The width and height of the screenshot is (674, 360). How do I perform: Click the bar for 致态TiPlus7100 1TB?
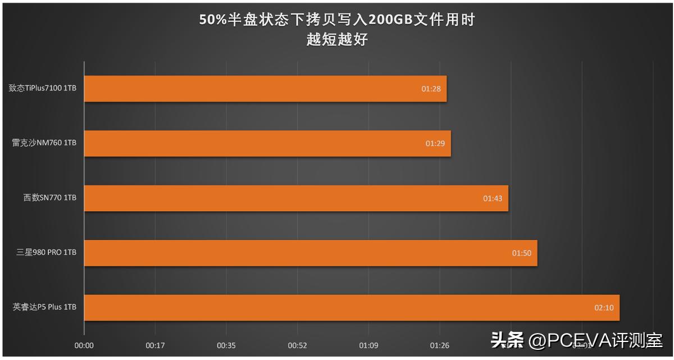(265, 89)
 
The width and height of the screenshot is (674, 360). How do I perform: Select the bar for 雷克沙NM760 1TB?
(267, 143)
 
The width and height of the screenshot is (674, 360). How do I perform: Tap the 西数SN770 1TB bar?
(296, 198)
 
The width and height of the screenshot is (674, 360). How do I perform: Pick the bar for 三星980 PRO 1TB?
(311, 253)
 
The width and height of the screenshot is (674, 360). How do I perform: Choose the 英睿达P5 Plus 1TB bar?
(352, 308)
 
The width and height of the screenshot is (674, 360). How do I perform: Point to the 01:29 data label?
(435, 143)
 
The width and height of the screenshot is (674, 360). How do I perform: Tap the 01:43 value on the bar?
(492, 198)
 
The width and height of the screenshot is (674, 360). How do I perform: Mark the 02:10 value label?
(603, 308)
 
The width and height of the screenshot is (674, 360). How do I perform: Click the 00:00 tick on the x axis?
(84, 346)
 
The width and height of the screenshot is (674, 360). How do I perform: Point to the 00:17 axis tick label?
(155, 346)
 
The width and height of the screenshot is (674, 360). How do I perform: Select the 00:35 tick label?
(226, 346)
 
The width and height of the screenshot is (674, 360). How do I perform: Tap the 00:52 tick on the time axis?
(297, 346)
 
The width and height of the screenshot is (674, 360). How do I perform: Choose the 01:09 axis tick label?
(368, 346)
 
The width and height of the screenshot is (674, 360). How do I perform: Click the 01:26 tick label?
(439, 346)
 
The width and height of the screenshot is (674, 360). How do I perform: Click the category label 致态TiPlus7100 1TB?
(43, 88)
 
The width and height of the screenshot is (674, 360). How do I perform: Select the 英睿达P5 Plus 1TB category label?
(44, 307)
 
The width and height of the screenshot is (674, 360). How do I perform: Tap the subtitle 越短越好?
(337, 39)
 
